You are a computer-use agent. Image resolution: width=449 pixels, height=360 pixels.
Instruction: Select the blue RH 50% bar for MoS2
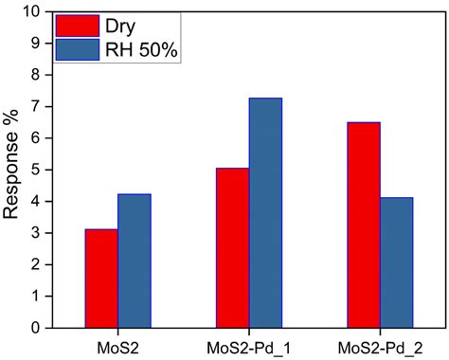pyautogui.click(x=134, y=261)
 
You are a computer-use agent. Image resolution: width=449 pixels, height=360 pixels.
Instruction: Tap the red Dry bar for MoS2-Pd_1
pyautogui.click(x=233, y=248)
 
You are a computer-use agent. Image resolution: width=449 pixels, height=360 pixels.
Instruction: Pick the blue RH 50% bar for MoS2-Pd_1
pyautogui.click(x=265, y=213)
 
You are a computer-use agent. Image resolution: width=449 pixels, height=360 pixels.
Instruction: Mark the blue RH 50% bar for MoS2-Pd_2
pyautogui.click(x=397, y=262)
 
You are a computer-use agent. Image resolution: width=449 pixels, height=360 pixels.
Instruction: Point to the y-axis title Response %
pyautogui.click(x=12, y=170)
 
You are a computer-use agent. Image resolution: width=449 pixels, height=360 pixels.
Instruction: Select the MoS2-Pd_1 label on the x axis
pyautogui.click(x=249, y=347)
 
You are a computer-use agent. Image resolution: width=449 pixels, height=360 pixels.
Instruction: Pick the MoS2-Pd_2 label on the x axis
pyautogui.click(x=381, y=347)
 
